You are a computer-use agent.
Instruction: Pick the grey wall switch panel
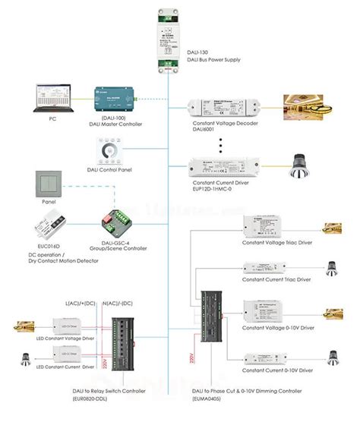click(x=52, y=187)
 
